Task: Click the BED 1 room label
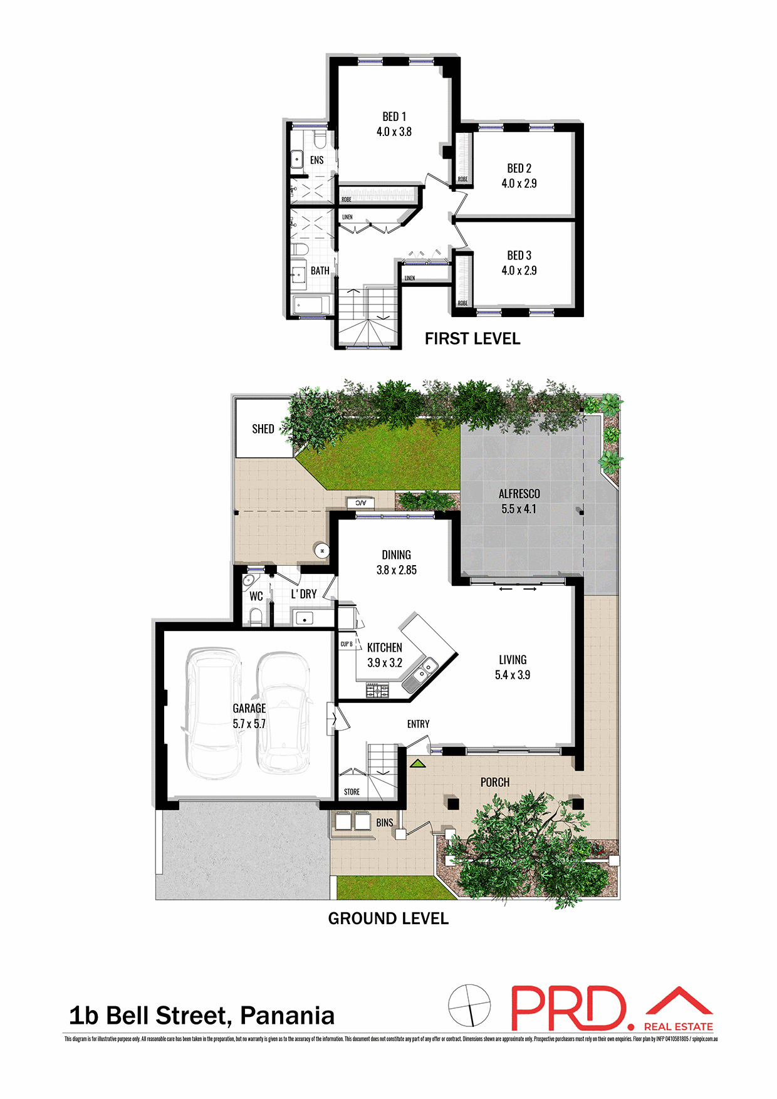(x=394, y=117)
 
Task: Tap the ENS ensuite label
(x=316, y=160)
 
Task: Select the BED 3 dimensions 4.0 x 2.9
(x=519, y=271)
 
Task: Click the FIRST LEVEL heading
(x=472, y=339)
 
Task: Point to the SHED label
(x=263, y=429)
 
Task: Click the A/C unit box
(x=361, y=503)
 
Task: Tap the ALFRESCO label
(x=519, y=494)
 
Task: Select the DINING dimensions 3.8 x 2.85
(x=396, y=570)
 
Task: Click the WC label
(x=256, y=596)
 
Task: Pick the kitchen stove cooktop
(x=377, y=691)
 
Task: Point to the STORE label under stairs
(x=352, y=792)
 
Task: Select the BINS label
(x=385, y=823)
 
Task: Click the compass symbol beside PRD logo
(x=469, y=1006)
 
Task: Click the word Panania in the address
(x=287, y=1016)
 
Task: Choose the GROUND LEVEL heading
(x=388, y=919)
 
